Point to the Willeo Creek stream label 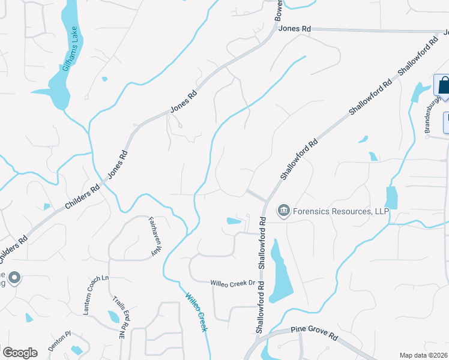coord(196,312)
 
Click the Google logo coord(20,353)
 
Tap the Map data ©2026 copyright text coord(424,355)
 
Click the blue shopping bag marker coord(443,85)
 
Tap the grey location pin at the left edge coord(15,278)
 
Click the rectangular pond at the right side coord(391,197)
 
